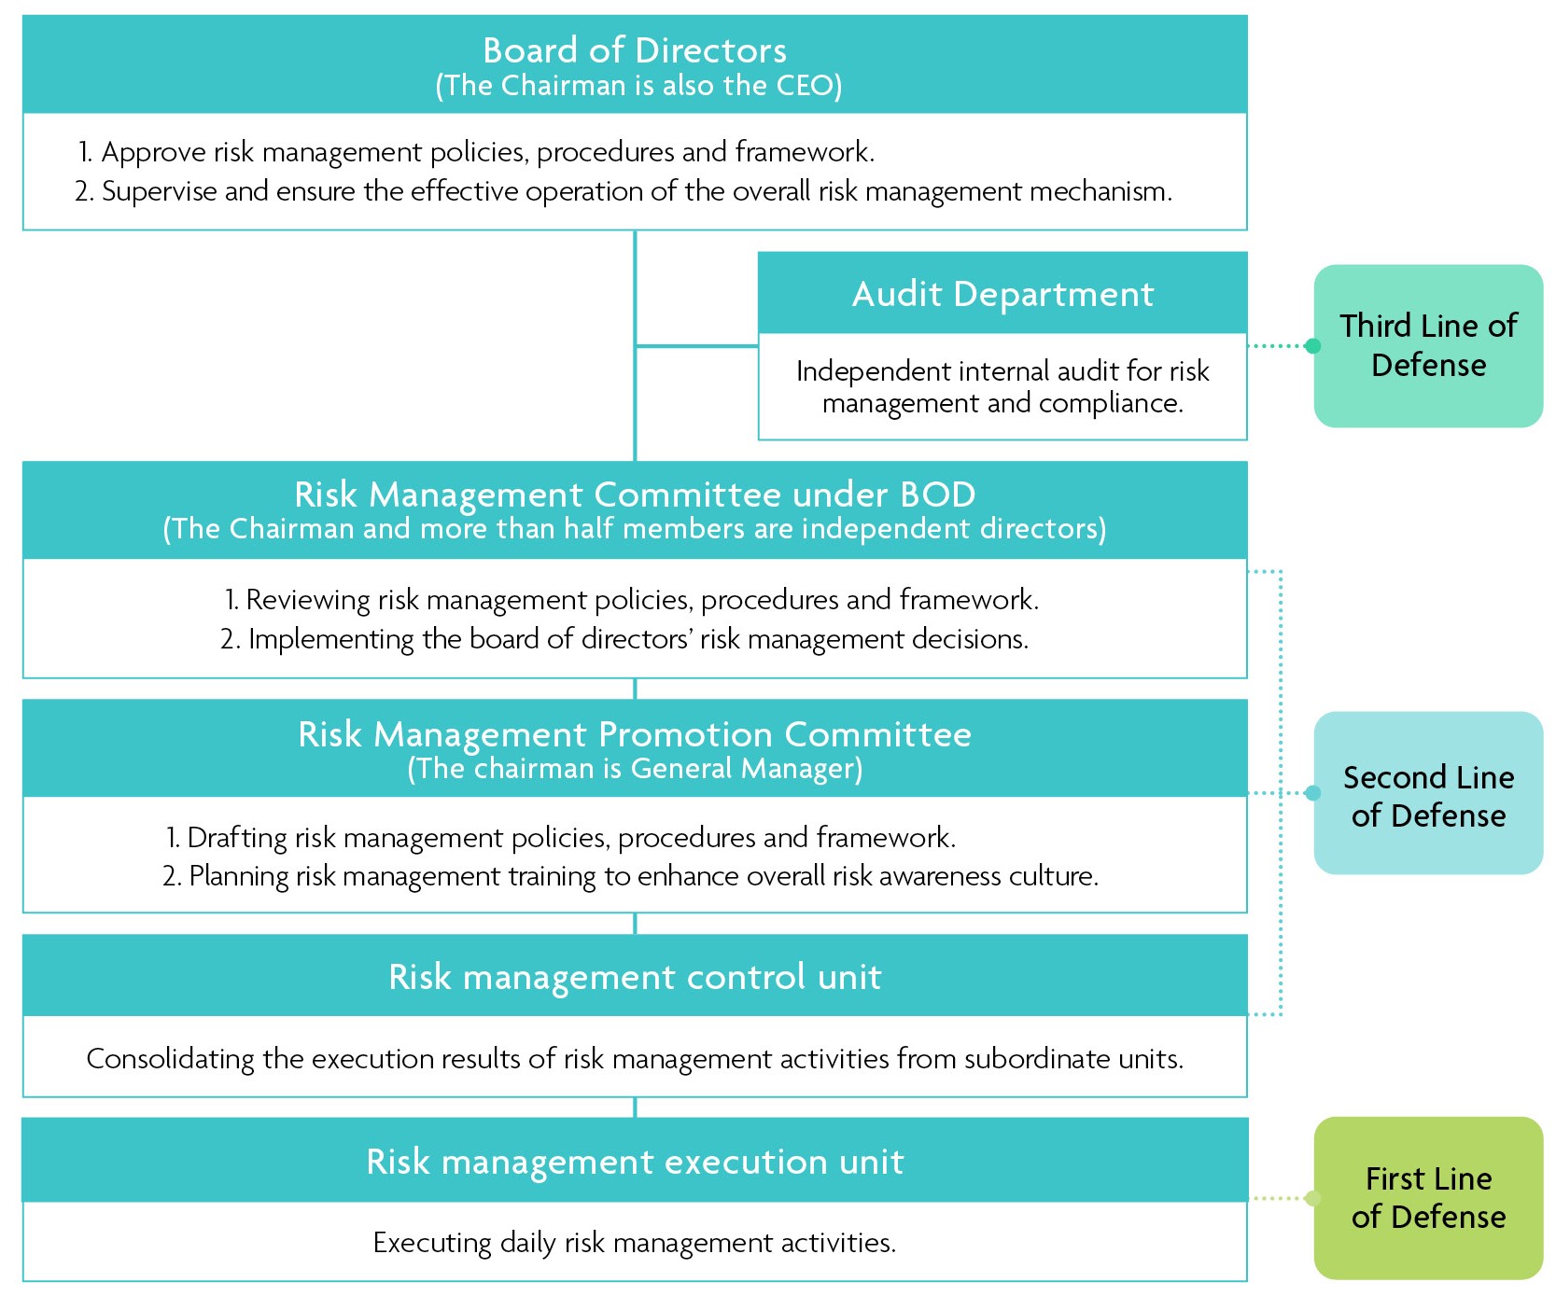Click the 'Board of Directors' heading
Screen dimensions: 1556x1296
click(x=635, y=50)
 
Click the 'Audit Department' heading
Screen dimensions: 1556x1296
click(x=1002, y=294)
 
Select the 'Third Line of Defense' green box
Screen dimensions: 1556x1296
click(x=1428, y=345)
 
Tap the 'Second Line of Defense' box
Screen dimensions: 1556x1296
click(x=1428, y=793)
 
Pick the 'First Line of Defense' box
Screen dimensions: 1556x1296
click(x=1428, y=1198)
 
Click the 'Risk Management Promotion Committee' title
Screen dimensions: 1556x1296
click(x=635, y=734)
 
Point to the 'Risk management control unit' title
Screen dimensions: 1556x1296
click(x=635, y=977)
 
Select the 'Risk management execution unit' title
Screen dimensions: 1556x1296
click(x=635, y=1162)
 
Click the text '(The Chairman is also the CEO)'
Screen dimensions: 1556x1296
click(x=638, y=86)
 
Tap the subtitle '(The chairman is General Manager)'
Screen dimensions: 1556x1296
click(x=635, y=769)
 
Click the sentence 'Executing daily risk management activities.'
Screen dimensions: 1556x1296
click(x=635, y=1243)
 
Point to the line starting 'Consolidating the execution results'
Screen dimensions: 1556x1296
click(x=635, y=1059)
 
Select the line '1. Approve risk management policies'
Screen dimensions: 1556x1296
click(x=476, y=152)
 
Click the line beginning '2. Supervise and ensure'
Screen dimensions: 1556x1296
click(x=624, y=191)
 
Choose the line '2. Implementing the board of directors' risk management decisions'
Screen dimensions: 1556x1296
click(x=624, y=639)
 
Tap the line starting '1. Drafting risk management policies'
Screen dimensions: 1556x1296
click(x=560, y=838)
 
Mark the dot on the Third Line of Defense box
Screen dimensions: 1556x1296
click(x=1313, y=346)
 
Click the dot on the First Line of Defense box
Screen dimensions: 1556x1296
click(x=1313, y=1198)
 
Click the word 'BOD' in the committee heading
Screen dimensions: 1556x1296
click(x=938, y=495)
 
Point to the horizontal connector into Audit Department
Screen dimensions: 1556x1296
click(x=696, y=346)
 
